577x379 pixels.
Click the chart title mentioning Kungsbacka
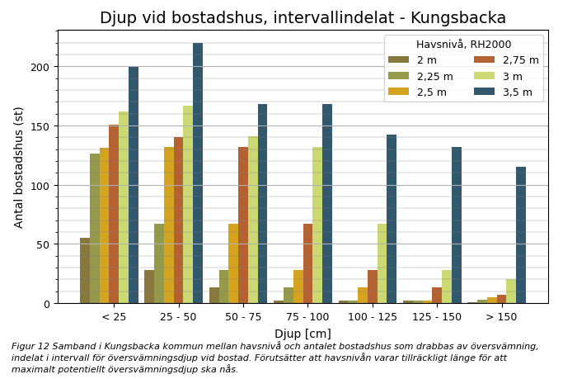[x=303, y=18]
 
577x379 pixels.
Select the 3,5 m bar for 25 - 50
[x=198, y=173]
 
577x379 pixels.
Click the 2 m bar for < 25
[x=85, y=271]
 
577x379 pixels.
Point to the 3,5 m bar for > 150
[x=521, y=235]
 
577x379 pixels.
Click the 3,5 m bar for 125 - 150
[x=457, y=225]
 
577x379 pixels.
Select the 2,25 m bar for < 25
[x=95, y=229]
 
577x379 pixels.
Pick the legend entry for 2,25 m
[x=434, y=77]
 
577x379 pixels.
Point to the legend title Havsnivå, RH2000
[x=463, y=45]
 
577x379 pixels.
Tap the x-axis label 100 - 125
[x=373, y=317]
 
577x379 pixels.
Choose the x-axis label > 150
[x=502, y=317]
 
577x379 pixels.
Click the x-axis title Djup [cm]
[x=303, y=334]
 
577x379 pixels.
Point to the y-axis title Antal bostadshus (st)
[x=19, y=167]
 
